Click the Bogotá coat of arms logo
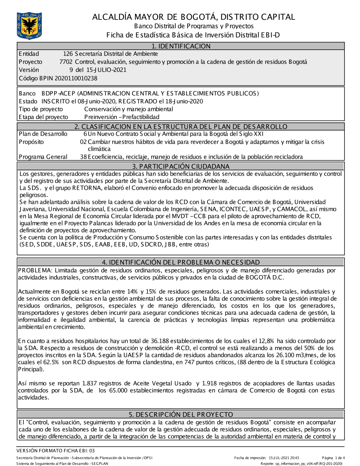[29, 26]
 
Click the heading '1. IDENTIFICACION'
[181, 46]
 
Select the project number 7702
[66, 62]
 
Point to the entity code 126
[68, 54]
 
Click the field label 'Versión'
[29, 70]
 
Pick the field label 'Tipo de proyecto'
[41, 109]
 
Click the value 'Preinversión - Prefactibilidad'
[122, 117]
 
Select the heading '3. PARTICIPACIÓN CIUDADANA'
[181, 166]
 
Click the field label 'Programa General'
[43, 157]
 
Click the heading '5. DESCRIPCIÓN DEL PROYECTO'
[181, 415]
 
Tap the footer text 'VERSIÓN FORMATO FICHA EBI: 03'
[55, 451]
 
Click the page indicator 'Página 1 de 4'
[333, 458]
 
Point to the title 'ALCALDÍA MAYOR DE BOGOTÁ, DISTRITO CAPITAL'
[194, 17]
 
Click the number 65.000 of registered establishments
[110, 391]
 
